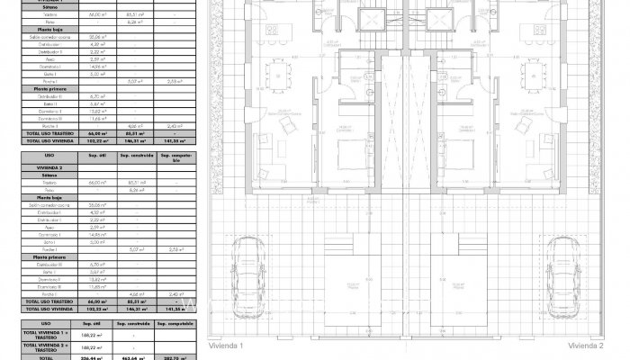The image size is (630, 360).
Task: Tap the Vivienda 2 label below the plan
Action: [x=586, y=345]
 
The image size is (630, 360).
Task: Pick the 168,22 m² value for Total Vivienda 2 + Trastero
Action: [x=89, y=346]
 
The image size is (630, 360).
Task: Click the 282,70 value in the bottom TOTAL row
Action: [x=174, y=357]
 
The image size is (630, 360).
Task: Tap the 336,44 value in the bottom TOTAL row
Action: [x=89, y=357]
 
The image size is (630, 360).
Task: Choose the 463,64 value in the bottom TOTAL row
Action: [x=131, y=357]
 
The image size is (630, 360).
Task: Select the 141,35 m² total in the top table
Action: [x=174, y=141]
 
